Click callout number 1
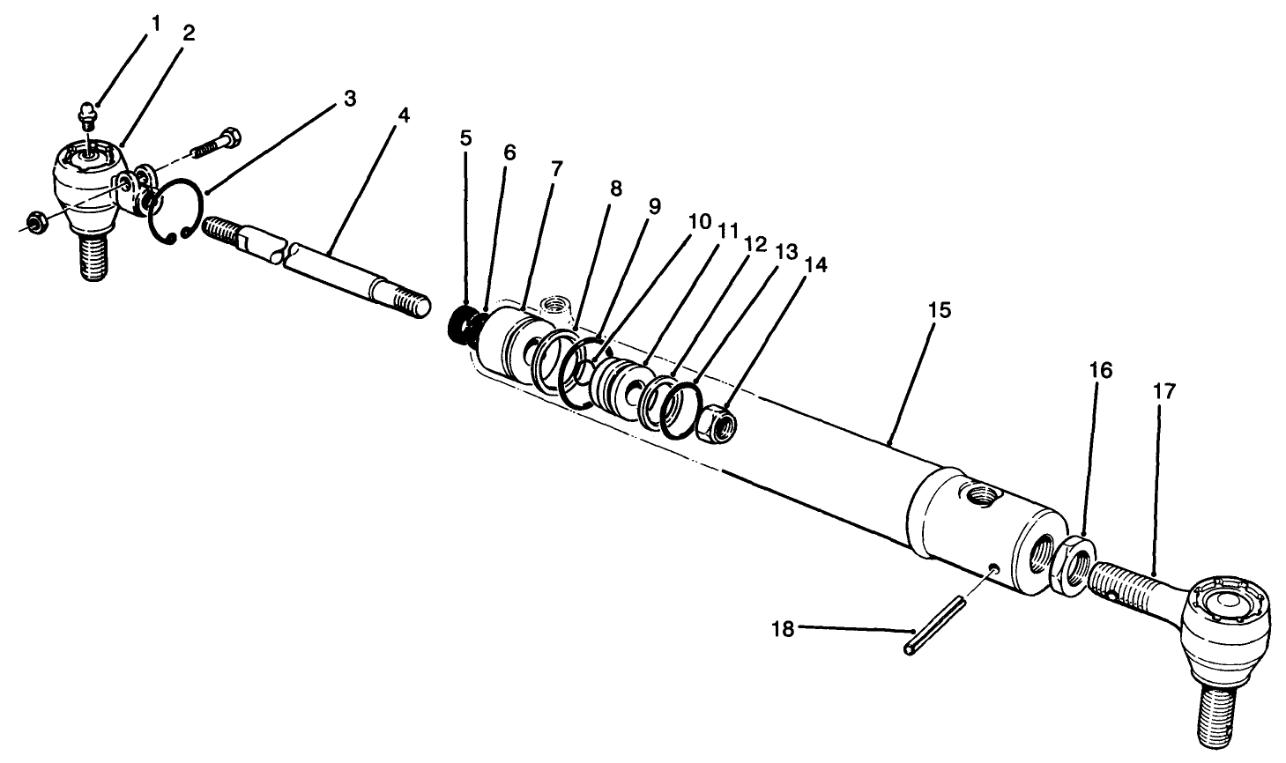coord(156,24)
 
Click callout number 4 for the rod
coord(403,116)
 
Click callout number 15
coord(940,311)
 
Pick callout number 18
coord(783,629)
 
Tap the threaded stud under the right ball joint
coord(1214,714)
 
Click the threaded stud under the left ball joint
coord(92,257)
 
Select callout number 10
coord(699,221)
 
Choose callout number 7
coord(555,168)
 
